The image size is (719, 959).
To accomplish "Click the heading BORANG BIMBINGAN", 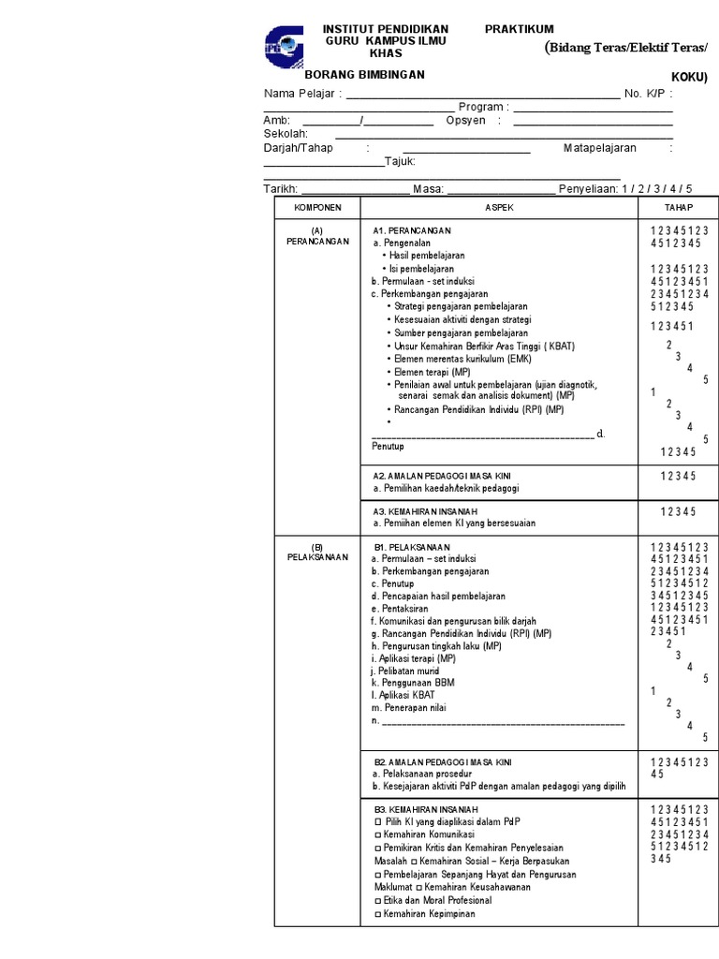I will tap(365, 74).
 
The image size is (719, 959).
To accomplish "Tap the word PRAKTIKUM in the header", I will tap(519, 30).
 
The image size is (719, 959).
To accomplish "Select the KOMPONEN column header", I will tap(317, 207).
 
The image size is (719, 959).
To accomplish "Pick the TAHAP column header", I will tap(679, 207).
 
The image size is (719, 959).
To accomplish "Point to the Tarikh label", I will tap(280, 188).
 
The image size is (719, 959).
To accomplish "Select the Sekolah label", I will tap(286, 134).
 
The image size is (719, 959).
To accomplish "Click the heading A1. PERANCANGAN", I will tap(412, 230).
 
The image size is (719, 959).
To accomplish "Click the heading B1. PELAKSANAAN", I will tap(412, 547).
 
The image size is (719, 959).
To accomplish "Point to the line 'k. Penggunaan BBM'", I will tap(412, 683).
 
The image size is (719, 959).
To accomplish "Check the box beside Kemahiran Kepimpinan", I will tap(377, 914).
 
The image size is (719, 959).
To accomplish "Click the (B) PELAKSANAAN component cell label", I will tap(317, 552).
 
